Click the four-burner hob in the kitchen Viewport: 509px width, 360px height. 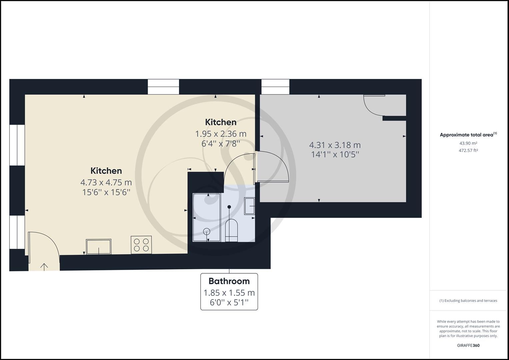pos(141,245)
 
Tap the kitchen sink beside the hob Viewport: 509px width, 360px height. pos(99,247)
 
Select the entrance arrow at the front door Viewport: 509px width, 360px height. pos(44,266)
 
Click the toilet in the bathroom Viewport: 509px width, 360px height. pos(231,230)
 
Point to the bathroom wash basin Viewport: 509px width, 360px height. pos(250,206)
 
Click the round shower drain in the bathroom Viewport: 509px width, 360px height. pos(207,231)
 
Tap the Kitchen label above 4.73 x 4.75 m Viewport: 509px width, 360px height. pos(106,171)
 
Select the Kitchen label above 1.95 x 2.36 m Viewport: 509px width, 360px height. pos(221,122)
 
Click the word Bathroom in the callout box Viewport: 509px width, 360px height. pos(229,281)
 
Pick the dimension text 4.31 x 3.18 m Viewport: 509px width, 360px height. pos(335,145)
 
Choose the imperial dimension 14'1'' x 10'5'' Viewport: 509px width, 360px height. pos(335,154)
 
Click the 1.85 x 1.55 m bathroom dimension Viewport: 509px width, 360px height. pos(229,293)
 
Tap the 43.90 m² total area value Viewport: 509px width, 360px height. pos(468,143)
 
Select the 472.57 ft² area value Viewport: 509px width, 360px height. pos(468,150)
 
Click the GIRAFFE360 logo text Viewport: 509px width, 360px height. pos(468,345)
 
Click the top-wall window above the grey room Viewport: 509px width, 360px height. pos(275,87)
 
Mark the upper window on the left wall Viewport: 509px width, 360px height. pos(17,145)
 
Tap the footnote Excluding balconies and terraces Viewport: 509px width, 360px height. pos(468,301)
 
